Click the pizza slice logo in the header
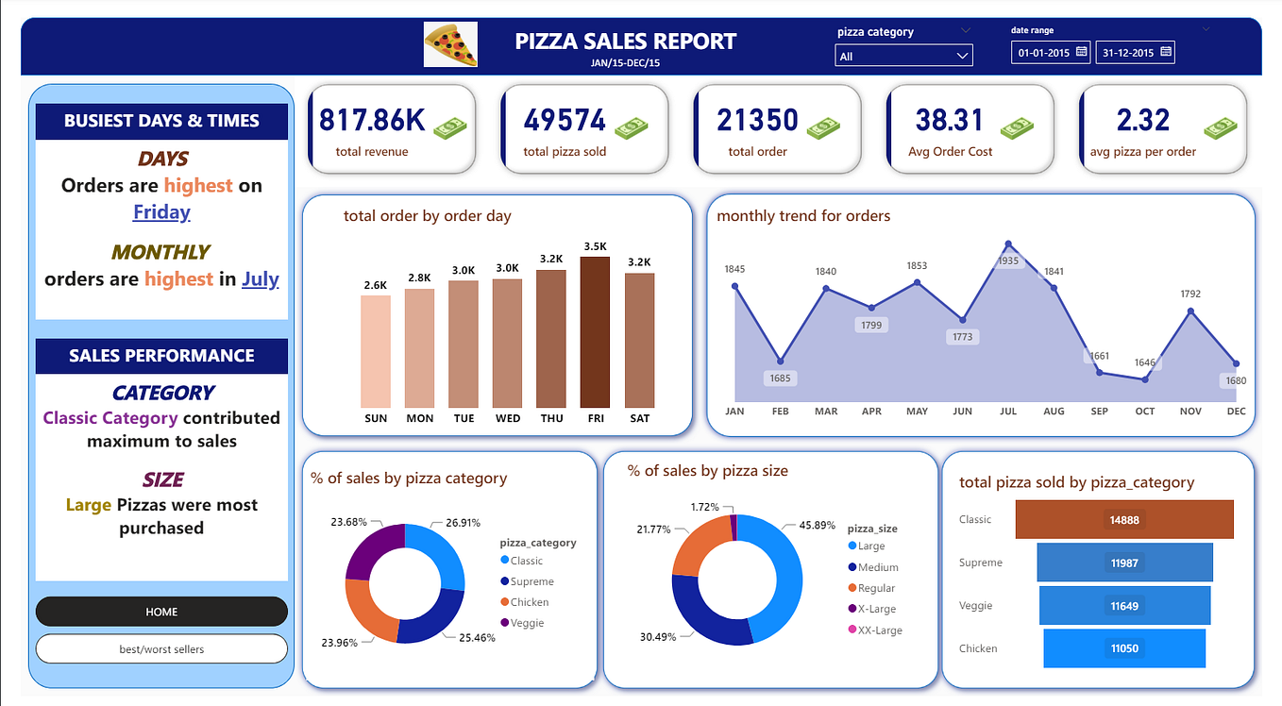450,44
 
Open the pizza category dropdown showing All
903,56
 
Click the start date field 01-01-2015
1051,52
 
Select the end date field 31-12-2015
1136,52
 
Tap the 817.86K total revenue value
372,120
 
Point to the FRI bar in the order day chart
595,332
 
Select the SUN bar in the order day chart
376,351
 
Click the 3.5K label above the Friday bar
595,246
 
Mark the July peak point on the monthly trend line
1008,244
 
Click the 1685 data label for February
780,378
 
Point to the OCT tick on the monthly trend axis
1144,411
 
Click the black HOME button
161,612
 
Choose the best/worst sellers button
161,648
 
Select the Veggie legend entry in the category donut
523,623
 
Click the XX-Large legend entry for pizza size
875,630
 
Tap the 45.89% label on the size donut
818,525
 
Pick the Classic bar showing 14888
1124,519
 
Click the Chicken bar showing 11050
1124,648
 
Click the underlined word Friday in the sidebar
161,212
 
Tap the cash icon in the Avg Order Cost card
1018,128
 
